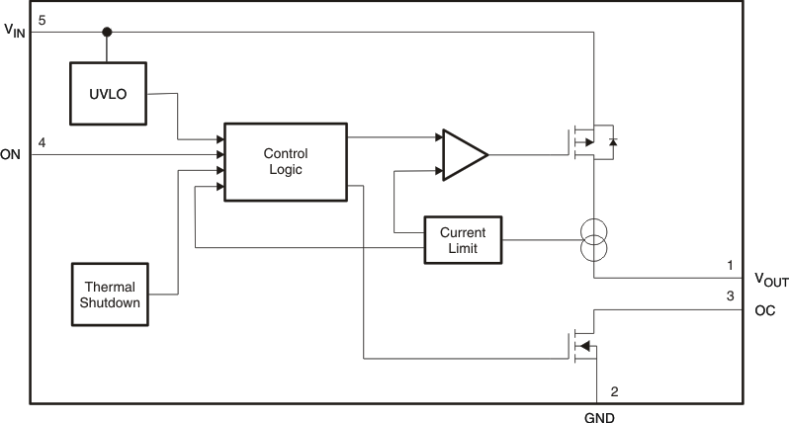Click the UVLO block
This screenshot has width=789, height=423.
click(x=109, y=95)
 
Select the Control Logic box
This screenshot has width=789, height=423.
click(x=285, y=162)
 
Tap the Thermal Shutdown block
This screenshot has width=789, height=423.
click(x=109, y=295)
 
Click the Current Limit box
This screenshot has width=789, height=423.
click(x=463, y=239)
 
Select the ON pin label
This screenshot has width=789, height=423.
click(x=11, y=154)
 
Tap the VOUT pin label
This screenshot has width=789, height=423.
click(x=771, y=281)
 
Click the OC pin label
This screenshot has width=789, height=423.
click(x=764, y=310)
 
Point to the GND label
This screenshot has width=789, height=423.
click(x=598, y=417)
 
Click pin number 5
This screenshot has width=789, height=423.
click(x=42, y=20)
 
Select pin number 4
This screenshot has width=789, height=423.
click(x=42, y=143)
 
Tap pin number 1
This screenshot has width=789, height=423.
click(x=730, y=265)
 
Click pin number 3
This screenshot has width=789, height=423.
click(x=730, y=296)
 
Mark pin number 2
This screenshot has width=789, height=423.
click(x=614, y=391)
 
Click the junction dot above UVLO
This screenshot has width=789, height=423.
click(x=108, y=33)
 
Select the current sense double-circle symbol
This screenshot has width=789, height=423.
click(x=593, y=239)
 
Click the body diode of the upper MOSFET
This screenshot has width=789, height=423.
click(x=613, y=142)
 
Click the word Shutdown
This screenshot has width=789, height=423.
click(x=109, y=303)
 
